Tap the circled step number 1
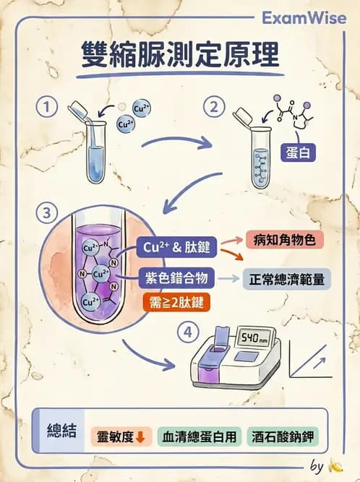tap(48, 108)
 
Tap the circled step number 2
tap(213, 108)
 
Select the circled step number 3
tap(48, 213)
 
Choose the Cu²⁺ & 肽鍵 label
tap(177, 248)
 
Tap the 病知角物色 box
tap(279, 240)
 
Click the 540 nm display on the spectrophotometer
tap(254, 337)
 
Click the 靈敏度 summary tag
tap(121, 436)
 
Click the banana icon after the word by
tap(335, 466)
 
